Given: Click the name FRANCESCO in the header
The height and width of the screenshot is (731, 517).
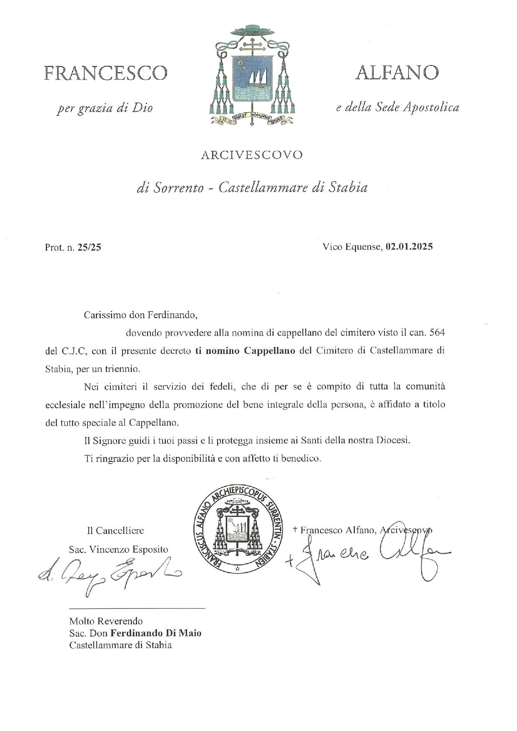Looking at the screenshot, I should pos(106,73).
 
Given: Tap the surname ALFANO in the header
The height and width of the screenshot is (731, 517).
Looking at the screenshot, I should pos(397,73).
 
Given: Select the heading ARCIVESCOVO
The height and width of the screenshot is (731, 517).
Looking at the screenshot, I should pos(252,155).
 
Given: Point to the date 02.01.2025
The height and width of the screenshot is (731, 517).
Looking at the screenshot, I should pos(409,247).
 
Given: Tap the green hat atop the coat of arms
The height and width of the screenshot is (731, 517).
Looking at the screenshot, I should pos(252,30).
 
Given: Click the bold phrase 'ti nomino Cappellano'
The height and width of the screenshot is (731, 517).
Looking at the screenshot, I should pos(245,351).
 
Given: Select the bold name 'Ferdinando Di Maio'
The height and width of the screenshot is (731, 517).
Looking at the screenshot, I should pos(156,633).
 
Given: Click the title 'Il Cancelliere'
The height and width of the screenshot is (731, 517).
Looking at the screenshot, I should pos(115,531).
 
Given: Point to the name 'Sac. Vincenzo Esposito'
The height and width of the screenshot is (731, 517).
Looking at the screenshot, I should pos(118,549).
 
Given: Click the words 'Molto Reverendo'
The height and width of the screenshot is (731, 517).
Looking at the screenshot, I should pos(106,621).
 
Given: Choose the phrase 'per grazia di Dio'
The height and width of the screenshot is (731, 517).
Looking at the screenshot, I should pos(105,108).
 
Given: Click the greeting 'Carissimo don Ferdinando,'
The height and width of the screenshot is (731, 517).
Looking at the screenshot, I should pos(140,315).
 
